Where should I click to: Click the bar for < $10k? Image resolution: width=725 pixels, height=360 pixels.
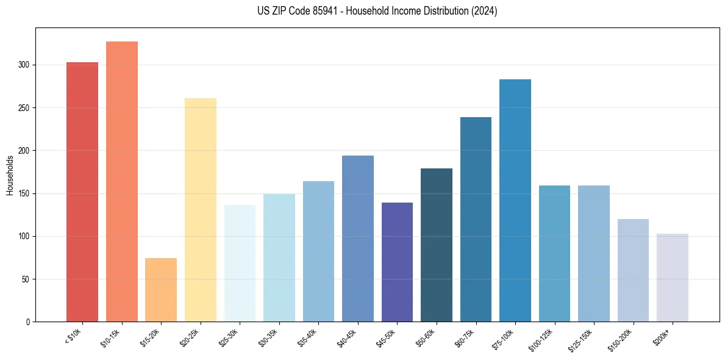coord(82,192)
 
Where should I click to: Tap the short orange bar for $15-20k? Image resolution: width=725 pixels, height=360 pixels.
coord(161,290)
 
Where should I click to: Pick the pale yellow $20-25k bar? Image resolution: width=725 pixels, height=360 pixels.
coord(201,210)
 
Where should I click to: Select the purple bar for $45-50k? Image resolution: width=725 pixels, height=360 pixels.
coord(397,262)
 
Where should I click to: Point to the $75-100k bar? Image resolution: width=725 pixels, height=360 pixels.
coord(515,201)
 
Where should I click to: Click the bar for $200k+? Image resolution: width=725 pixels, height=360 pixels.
coord(673,278)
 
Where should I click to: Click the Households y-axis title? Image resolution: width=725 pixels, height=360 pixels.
coord(10,175)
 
